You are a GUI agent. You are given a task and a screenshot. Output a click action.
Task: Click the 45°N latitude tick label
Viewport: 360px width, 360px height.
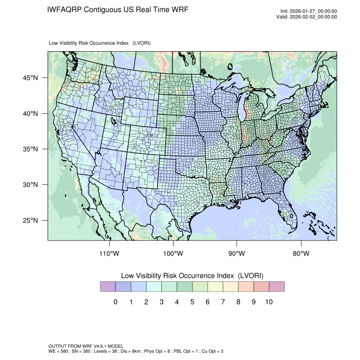(30, 78)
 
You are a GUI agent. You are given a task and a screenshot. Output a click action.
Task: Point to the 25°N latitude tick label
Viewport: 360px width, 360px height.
(30, 221)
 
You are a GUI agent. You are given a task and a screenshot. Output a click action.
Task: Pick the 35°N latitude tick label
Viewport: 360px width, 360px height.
(30, 149)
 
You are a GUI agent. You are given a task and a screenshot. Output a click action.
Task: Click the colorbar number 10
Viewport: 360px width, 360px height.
(269, 302)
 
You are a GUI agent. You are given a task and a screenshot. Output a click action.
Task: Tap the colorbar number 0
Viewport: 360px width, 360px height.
(115, 302)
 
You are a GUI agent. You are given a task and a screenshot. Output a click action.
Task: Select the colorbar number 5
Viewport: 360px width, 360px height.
(192, 302)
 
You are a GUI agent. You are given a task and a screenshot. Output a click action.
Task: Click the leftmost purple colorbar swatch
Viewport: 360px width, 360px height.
(108, 287)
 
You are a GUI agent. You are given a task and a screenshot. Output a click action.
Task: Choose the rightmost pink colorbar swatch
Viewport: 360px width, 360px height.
(277, 287)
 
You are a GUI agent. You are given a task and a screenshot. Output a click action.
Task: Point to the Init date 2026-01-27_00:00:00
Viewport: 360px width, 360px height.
(314, 11)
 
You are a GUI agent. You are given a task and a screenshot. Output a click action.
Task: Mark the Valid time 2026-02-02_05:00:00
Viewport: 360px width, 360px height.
(314, 17)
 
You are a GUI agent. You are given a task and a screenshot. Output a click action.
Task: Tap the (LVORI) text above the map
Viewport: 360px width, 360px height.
(141, 43)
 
